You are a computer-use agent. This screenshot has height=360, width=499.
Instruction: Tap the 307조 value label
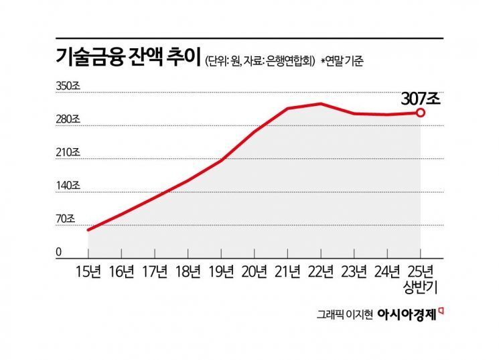[420, 98]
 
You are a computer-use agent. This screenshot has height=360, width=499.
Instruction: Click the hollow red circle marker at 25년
[420, 113]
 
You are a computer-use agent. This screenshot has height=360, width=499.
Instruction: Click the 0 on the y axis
[59, 252]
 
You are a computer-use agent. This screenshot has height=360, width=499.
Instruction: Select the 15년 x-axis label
[88, 272]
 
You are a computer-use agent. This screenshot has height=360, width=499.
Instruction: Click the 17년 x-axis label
[155, 272]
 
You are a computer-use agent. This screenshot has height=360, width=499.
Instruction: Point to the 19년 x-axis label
[221, 272]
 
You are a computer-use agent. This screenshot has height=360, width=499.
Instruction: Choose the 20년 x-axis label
[255, 272]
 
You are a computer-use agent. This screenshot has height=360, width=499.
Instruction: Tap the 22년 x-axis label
[321, 272]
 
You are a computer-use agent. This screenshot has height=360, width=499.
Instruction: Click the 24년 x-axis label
[387, 272]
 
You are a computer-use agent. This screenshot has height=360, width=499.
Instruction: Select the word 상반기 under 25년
[421, 286]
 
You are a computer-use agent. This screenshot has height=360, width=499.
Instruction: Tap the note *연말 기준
[344, 60]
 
